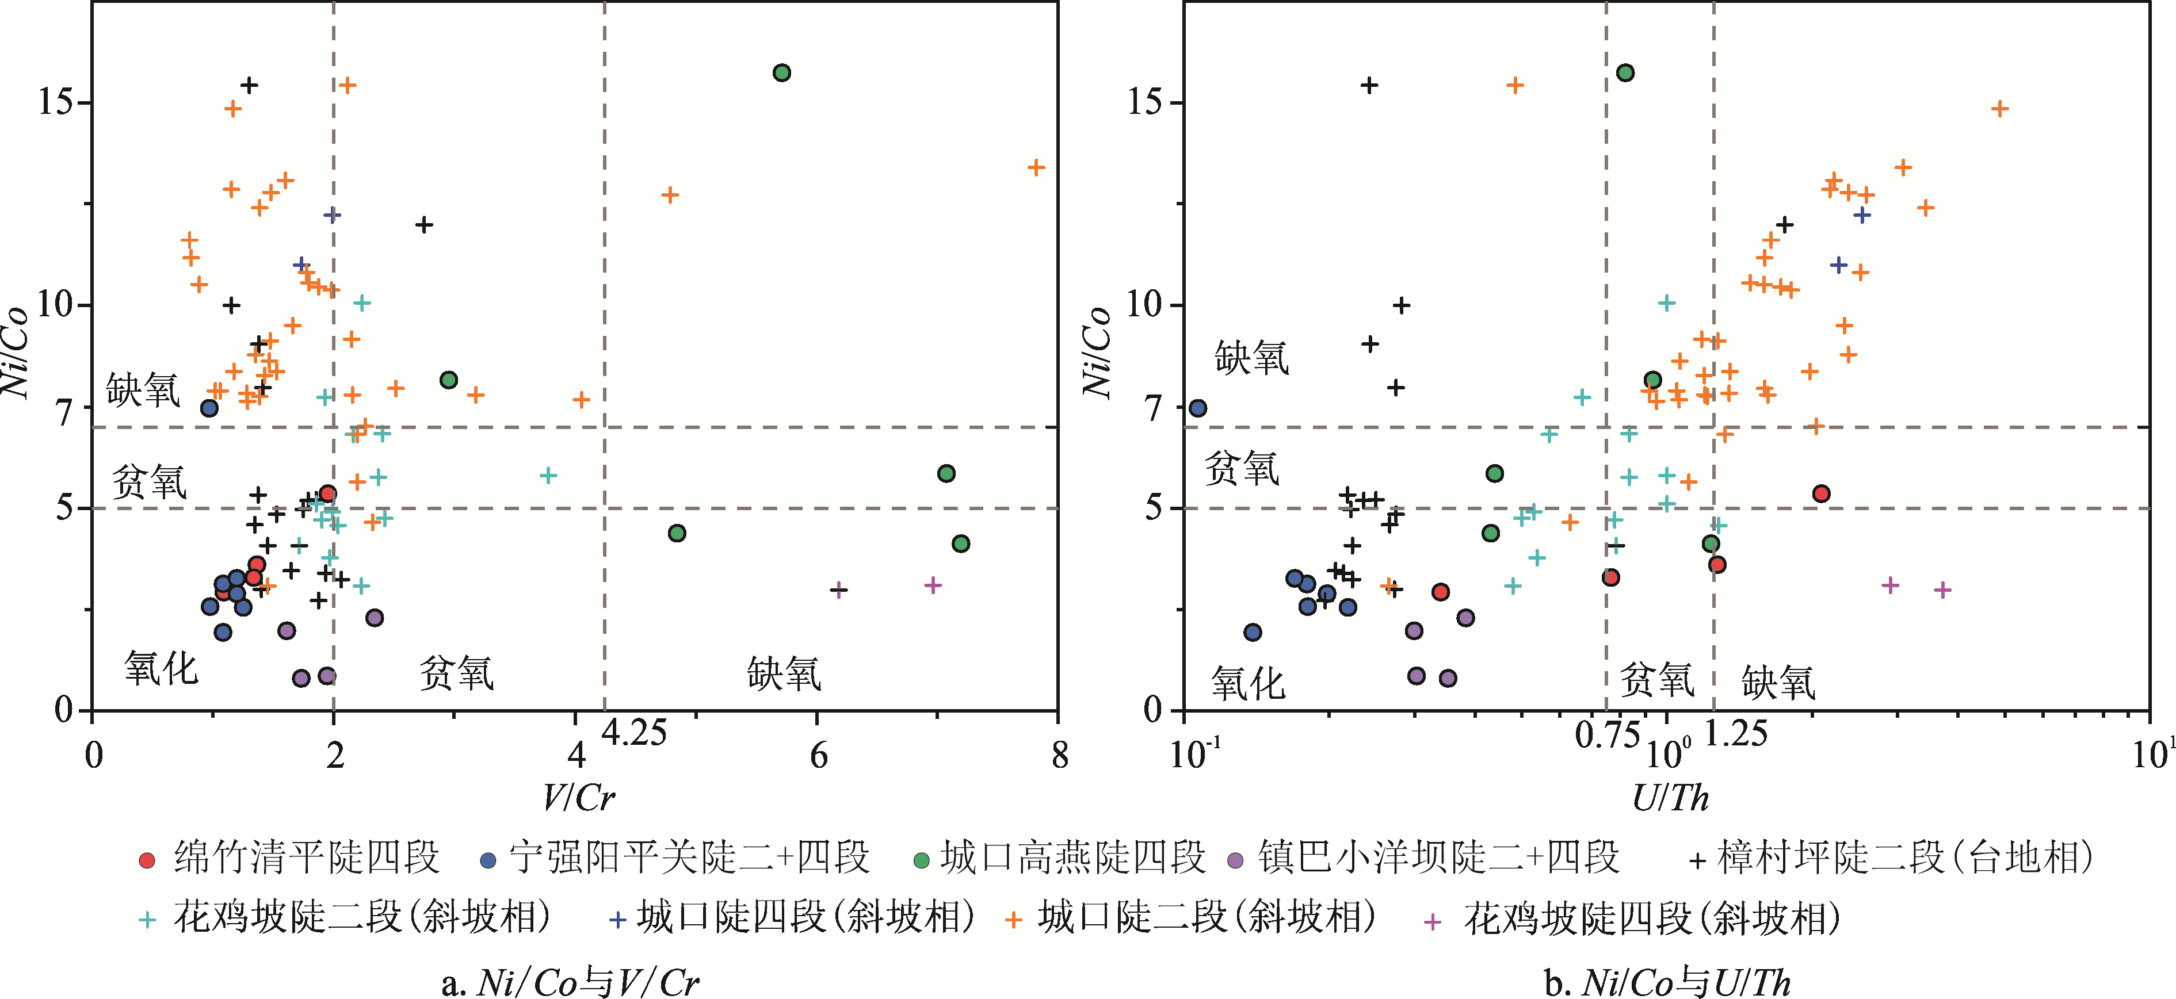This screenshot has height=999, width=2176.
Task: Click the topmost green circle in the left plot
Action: click(x=781, y=72)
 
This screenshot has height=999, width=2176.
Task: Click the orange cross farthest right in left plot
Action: click(x=1036, y=167)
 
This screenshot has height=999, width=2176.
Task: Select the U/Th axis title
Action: click(x=1670, y=797)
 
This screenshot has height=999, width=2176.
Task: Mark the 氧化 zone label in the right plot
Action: click(x=1247, y=682)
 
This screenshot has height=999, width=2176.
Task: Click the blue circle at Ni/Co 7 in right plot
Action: click(x=1197, y=408)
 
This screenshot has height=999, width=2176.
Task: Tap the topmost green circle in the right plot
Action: click(x=1624, y=72)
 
